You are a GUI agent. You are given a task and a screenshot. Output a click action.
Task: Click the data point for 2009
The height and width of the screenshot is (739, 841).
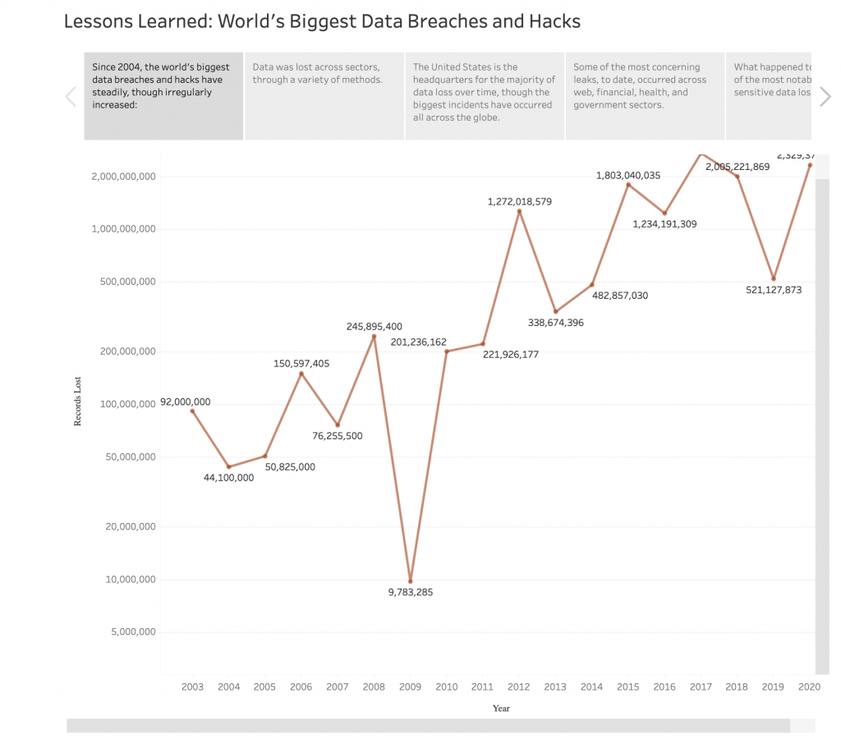pyautogui.click(x=411, y=581)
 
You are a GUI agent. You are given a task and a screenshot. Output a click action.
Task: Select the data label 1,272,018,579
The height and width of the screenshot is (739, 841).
pyautogui.click(x=519, y=201)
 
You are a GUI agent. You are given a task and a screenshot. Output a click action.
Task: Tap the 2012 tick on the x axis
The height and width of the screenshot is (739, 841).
pyautogui.click(x=519, y=687)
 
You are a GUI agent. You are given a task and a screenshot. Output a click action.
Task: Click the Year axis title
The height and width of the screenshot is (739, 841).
pyautogui.click(x=501, y=709)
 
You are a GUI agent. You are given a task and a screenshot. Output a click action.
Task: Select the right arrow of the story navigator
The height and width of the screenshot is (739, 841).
pyautogui.click(x=825, y=97)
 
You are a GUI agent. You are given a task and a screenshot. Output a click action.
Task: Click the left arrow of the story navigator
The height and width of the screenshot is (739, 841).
pyautogui.click(x=71, y=97)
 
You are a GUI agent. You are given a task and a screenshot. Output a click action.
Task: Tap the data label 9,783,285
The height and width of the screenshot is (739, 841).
pyautogui.click(x=411, y=592)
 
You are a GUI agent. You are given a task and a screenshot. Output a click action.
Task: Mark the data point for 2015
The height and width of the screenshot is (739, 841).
pyautogui.click(x=628, y=185)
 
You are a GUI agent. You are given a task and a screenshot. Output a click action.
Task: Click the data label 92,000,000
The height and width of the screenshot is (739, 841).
pyautogui.click(x=186, y=402)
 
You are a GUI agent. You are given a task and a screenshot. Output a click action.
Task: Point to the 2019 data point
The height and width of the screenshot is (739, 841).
pyautogui.click(x=774, y=278)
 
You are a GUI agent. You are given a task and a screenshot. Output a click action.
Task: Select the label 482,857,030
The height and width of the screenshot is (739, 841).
pyautogui.click(x=620, y=295)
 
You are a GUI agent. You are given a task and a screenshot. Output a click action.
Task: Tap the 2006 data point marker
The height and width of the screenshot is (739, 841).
pyautogui.click(x=301, y=374)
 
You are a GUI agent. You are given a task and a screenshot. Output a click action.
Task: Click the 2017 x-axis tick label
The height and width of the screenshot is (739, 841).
pyautogui.click(x=701, y=687)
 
